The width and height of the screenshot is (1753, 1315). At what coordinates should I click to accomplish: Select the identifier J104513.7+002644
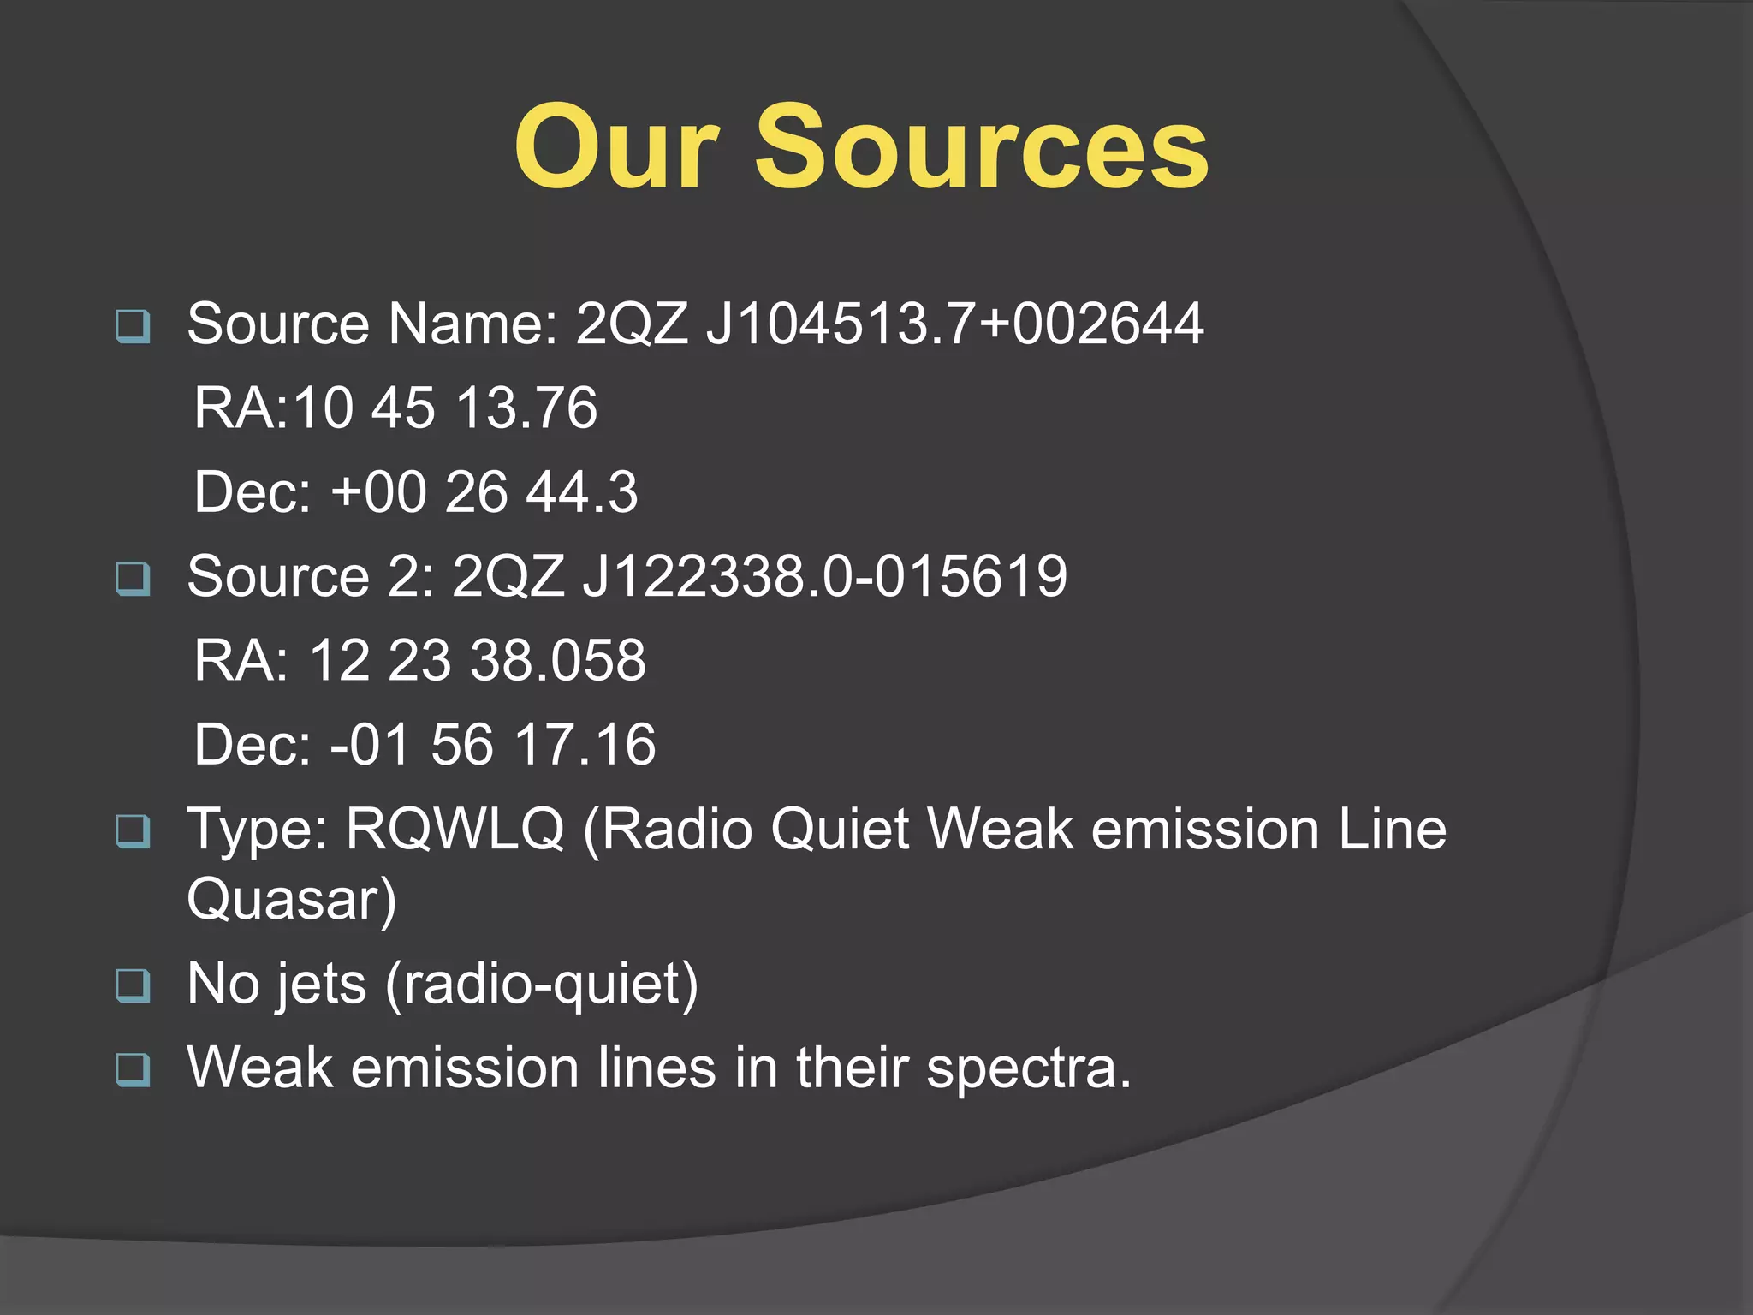pyautogui.click(x=954, y=324)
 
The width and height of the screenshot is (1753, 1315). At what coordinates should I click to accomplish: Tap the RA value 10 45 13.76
pyautogui.click(x=445, y=408)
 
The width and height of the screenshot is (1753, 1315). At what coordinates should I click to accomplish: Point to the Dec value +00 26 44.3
pyautogui.click(x=484, y=492)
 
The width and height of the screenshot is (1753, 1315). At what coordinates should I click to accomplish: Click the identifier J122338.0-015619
pyautogui.click(x=824, y=576)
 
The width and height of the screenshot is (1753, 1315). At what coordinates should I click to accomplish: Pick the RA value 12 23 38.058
pyautogui.click(x=477, y=660)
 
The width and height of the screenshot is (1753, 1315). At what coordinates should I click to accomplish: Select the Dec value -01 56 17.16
pyautogui.click(x=493, y=744)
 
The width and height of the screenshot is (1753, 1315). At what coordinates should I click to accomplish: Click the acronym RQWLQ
pyautogui.click(x=455, y=829)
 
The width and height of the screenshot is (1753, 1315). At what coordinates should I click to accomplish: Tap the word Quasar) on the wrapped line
pyautogui.click(x=291, y=899)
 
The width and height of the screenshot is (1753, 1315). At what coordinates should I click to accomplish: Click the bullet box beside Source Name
pyautogui.click(x=133, y=326)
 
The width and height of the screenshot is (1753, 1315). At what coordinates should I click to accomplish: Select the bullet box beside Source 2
pyautogui.click(x=133, y=579)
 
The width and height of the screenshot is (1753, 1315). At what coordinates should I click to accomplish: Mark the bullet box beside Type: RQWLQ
pyautogui.click(x=133, y=830)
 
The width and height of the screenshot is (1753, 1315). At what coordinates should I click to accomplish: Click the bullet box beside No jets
pyautogui.click(x=133, y=985)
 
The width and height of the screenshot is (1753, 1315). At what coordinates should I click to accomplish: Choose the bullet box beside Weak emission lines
pyautogui.click(x=133, y=1069)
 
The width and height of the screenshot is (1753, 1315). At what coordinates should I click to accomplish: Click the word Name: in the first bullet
pyautogui.click(x=472, y=324)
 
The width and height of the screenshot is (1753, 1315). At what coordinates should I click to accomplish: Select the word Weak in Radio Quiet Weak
pyautogui.click(x=1000, y=829)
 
